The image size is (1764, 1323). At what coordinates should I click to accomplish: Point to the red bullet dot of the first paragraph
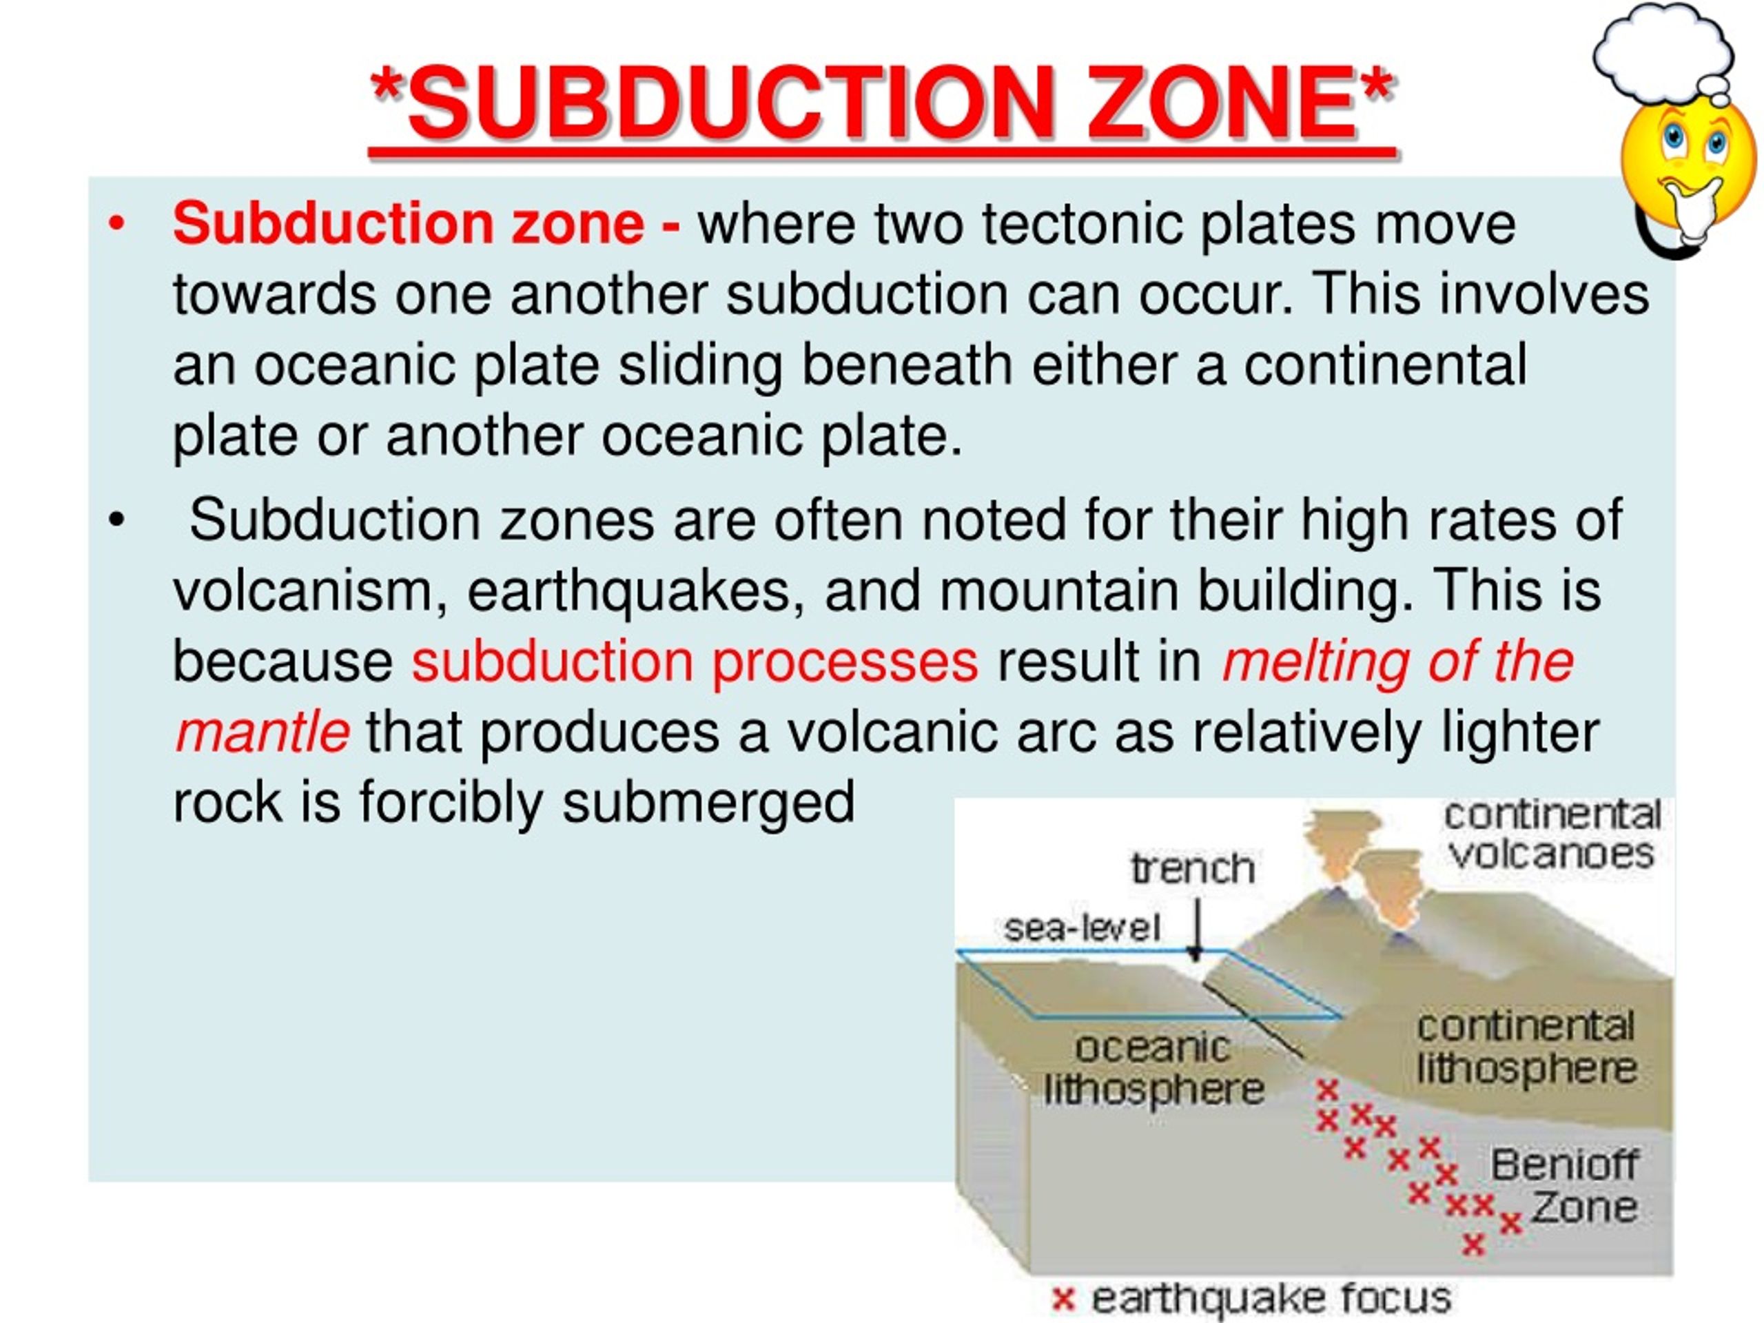(x=116, y=225)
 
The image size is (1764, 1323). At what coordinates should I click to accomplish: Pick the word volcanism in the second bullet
(x=311, y=592)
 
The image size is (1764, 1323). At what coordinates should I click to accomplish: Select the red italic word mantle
(x=262, y=732)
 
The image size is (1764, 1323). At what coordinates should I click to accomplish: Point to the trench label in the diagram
(x=1192, y=868)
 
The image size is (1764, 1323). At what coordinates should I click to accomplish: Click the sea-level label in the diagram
(x=1081, y=927)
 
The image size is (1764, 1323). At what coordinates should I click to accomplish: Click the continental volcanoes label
(x=1552, y=834)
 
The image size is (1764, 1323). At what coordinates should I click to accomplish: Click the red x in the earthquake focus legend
(x=1063, y=1299)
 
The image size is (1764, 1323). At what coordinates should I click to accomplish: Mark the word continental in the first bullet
(x=1385, y=365)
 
